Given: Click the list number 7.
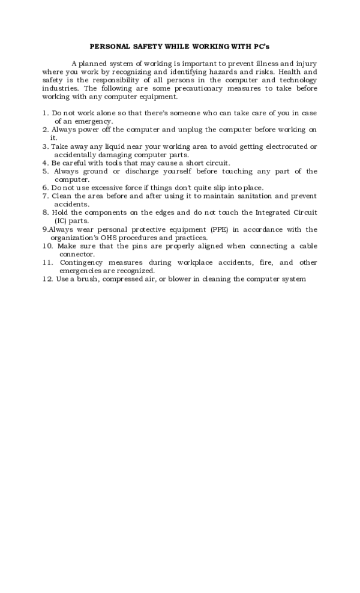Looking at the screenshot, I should tap(46, 196).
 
